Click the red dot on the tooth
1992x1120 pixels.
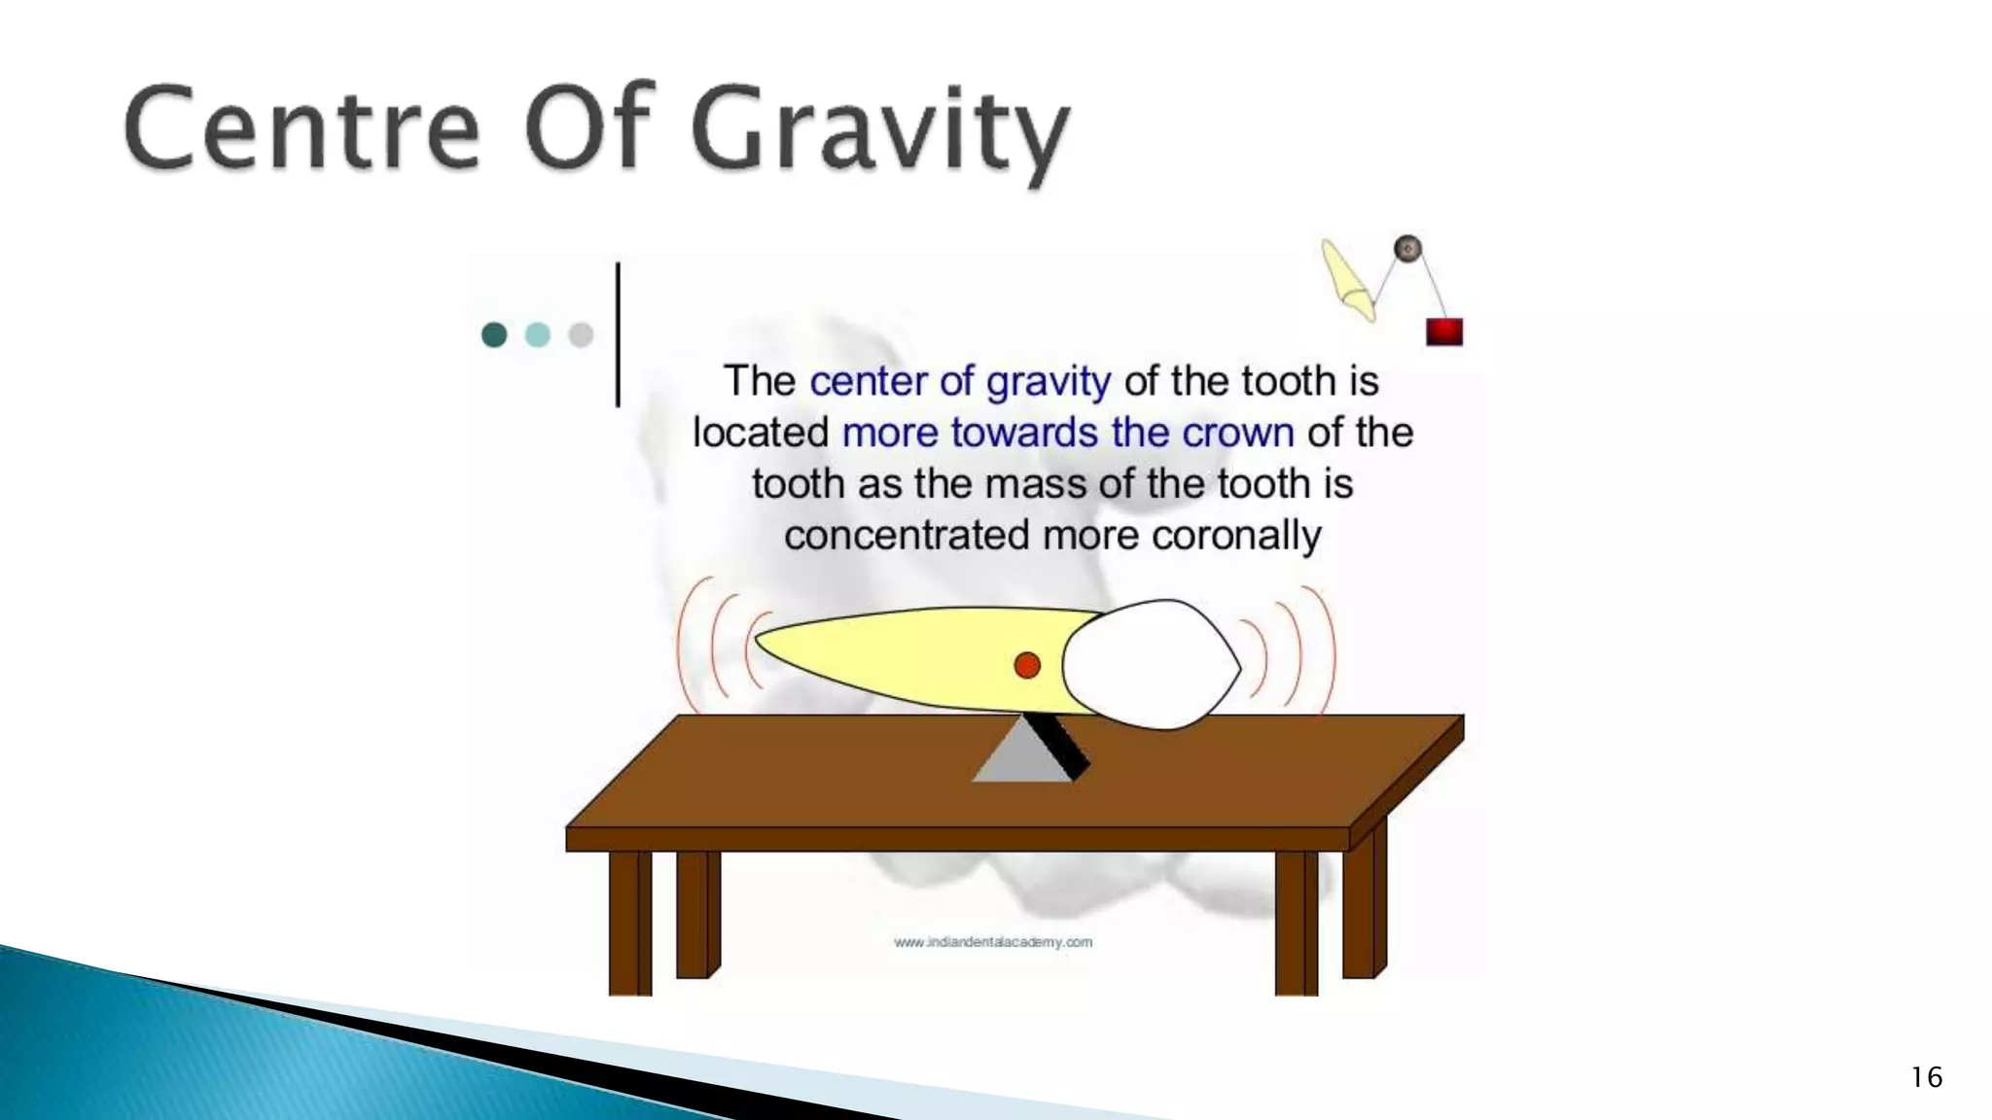pos(1027,665)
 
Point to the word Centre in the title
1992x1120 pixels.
pos(302,129)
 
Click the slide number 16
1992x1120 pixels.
pos(1926,1077)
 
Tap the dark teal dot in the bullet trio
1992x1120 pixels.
pos(494,335)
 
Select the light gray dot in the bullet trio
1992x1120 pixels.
pos(581,335)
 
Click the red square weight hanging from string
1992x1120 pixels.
pos(1444,332)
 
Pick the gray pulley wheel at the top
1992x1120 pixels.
pos(1407,249)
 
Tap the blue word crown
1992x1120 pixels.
pos(1237,433)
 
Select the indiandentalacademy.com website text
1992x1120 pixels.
pos(993,942)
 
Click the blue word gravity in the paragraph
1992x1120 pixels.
pos(1048,381)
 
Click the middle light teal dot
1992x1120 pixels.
pos(537,335)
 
